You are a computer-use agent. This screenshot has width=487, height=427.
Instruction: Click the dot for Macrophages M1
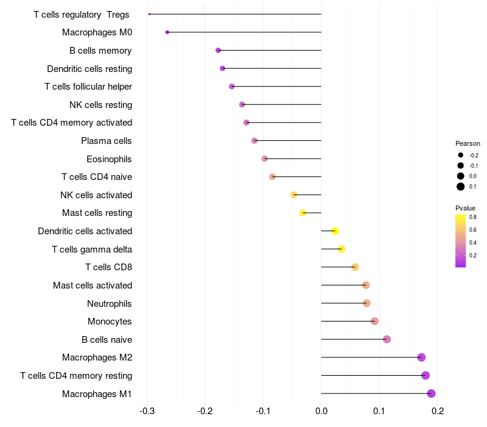(431, 393)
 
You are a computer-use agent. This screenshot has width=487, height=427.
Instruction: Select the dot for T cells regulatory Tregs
(149, 14)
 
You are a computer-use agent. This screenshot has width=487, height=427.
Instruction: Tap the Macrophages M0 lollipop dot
(167, 32)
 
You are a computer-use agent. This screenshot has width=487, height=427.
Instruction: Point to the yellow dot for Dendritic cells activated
(335, 231)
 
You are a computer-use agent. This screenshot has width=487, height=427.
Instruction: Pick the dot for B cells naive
(387, 339)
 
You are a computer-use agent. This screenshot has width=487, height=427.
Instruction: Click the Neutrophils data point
(366, 303)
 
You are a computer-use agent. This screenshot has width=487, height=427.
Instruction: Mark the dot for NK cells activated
(294, 195)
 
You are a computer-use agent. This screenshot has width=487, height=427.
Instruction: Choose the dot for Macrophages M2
(421, 357)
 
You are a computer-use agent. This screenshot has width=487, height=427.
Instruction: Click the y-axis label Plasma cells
(107, 141)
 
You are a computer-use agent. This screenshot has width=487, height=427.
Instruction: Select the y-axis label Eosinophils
(110, 159)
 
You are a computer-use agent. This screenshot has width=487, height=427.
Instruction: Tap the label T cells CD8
(109, 267)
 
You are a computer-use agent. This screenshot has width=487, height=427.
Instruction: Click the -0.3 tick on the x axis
(147, 412)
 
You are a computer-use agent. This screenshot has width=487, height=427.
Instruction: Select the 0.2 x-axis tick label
(437, 412)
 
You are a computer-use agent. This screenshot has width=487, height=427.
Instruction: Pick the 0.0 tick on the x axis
(321, 412)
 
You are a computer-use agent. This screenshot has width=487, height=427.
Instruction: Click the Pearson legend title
(468, 143)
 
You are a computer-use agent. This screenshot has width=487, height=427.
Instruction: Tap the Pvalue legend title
(465, 208)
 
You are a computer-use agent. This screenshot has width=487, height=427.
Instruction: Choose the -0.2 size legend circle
(461, 156)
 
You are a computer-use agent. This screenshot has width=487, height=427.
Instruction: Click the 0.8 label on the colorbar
(472, 217)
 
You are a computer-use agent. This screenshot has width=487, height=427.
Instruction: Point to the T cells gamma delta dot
(342, 249)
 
